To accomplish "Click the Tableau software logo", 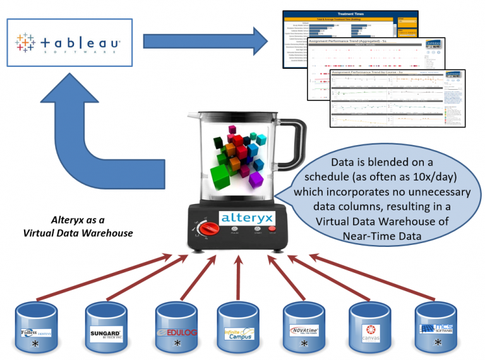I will point(69,43).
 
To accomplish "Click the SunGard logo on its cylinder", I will point(105,332).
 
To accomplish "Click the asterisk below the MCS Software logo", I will point(438,343).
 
